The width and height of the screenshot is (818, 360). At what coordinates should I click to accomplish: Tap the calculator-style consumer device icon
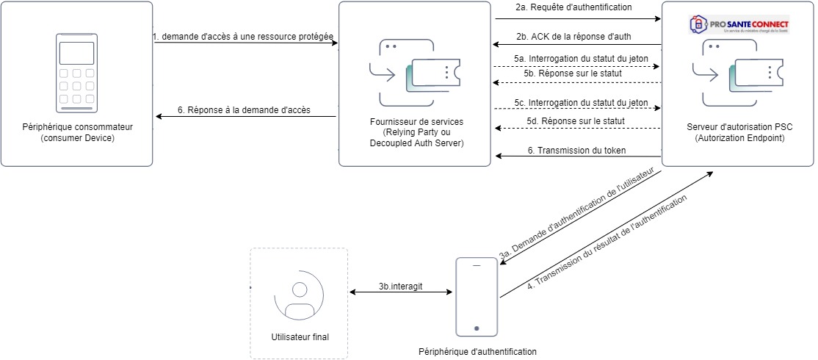[x=76, y=73]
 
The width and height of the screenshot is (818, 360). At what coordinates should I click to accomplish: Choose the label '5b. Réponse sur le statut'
[x=573, y=73]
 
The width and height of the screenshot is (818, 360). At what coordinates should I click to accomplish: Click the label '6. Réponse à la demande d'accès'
[x=244, y=110]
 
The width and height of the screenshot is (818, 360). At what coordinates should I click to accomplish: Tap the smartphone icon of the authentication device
[x=477, y=295]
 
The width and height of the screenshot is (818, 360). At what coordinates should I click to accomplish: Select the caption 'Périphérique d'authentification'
[x=477, y=353]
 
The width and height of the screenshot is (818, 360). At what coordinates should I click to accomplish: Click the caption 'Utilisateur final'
[x=300, y=337]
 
